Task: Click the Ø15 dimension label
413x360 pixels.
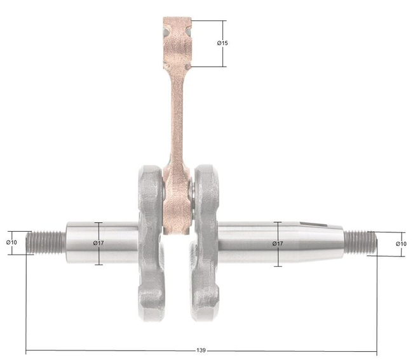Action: click(x=222, y=43)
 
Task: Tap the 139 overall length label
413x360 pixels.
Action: click(x=201, y=350)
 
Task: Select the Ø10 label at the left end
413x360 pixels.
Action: click(x=11, y=243)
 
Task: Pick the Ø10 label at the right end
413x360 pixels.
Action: click(x=401, y=243)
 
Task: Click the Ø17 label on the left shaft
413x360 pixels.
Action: click(x=98, y=243)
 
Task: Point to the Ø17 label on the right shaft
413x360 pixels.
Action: click(x=278, y=243)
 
